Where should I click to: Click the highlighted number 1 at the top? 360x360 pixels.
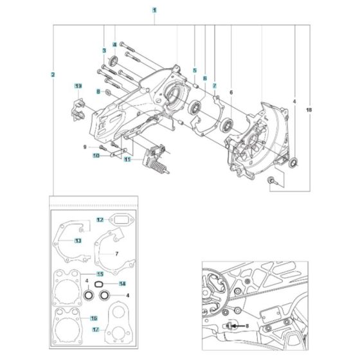click(x=154, y=10)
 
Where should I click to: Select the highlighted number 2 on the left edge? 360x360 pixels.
click(x=53, y=75)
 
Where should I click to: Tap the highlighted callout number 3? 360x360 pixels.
click(x=103, y=50)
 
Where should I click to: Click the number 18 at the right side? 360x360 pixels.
click(x=309, y=111)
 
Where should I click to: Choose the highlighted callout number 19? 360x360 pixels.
click(x=77, y=86)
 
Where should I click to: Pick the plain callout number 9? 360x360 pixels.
click(x=84, y=147)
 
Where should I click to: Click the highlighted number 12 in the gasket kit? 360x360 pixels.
click(x=100, y=220)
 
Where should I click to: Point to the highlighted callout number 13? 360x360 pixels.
click(x=76, y=240)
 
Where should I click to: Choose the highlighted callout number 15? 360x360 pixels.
click(x=100, y=274)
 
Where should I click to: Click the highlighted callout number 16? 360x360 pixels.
click(x=94, y=318)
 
